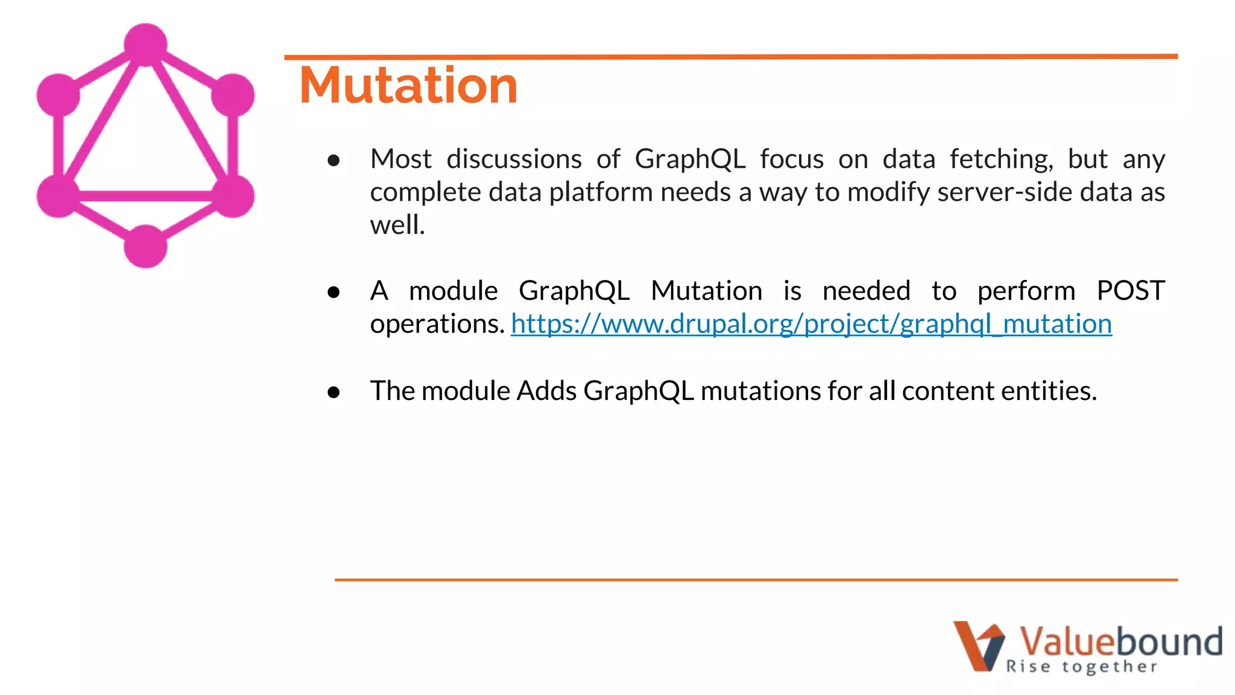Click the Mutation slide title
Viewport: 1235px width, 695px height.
tap(408, 86)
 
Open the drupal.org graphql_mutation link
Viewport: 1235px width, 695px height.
tap(811, 324)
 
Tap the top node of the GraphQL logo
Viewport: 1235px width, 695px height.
tap(145, 45)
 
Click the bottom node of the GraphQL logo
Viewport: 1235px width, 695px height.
tap(145, 246)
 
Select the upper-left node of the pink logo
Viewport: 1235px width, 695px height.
tap(58, 95)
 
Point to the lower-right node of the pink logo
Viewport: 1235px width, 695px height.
tap(233, 195)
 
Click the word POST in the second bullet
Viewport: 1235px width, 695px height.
tap(1130, 291)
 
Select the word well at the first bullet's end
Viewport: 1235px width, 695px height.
tap(397, 226)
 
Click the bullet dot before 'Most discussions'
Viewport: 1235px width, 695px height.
tap(333, 160)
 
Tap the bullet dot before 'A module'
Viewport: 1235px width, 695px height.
tap(333, 293)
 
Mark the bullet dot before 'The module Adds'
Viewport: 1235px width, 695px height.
tap(333, 393)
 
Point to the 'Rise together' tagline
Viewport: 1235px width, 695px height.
tap(1081, 667)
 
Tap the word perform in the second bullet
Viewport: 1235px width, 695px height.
tap(1026, 291)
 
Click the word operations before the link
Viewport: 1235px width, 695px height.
tap(437, 325)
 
